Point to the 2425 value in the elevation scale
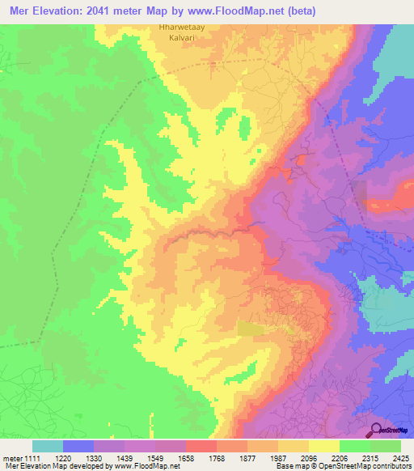click(401, 458)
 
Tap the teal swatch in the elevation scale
click(47, 446)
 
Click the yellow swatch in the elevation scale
click(323, 446)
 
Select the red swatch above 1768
click(201, 446)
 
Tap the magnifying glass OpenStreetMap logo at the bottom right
click(375, 429)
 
